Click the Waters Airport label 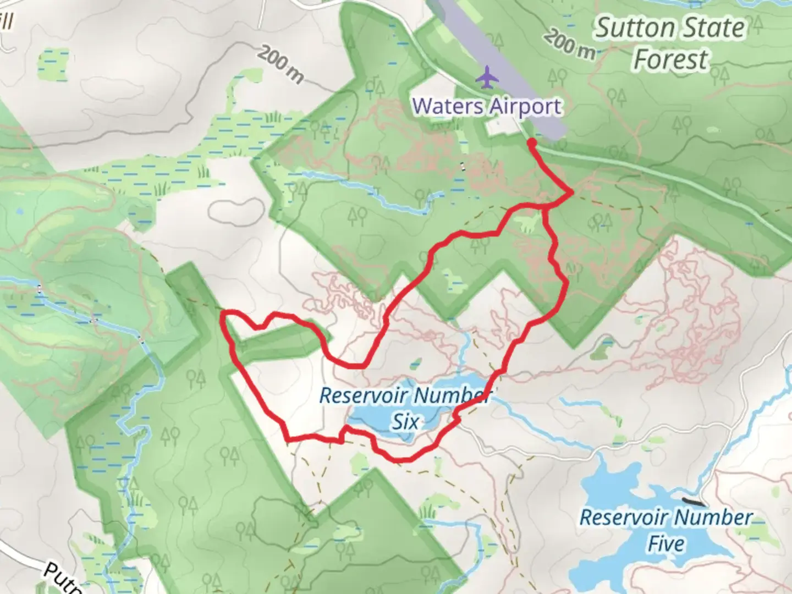(x=487, y=106)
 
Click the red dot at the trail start (x=532, y=143)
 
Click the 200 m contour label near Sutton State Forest (x=570, y=43)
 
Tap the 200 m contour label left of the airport (x=280, y=65)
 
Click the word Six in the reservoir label (x=405, y=422)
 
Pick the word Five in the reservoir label (x=666, y=543)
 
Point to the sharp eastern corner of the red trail (x=573, y=192)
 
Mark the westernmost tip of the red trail (x=223, y=315)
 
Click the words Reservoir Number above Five (x=666, y=518)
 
